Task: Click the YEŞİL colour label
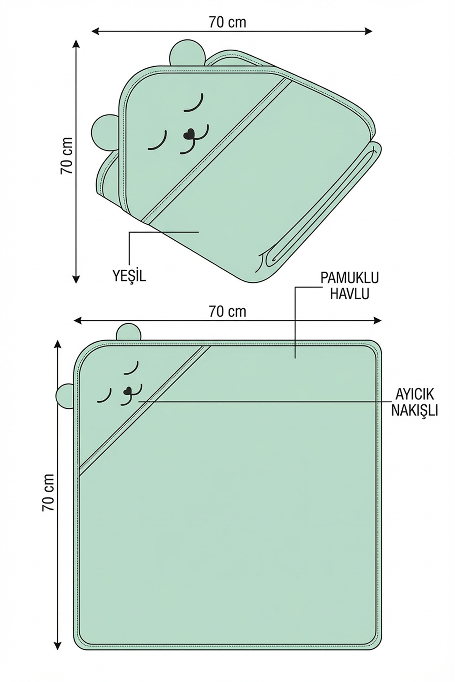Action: point(129,276)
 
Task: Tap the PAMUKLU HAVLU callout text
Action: point(349,286)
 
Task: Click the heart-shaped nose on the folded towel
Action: point(189,135)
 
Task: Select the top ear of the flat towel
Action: point(129,332)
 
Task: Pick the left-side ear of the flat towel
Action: point(66,396)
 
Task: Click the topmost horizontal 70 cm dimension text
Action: point(227,22)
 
